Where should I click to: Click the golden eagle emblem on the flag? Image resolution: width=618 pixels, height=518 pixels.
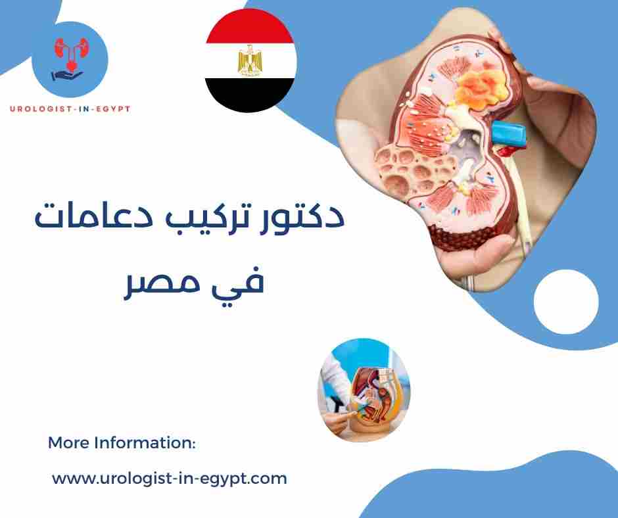point(250,60)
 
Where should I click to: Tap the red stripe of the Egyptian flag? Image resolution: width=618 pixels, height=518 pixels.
point(250,27)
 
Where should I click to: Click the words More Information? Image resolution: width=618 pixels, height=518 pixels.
point(122,443)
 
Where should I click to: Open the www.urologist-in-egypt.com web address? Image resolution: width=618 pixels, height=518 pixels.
point(170,479)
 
